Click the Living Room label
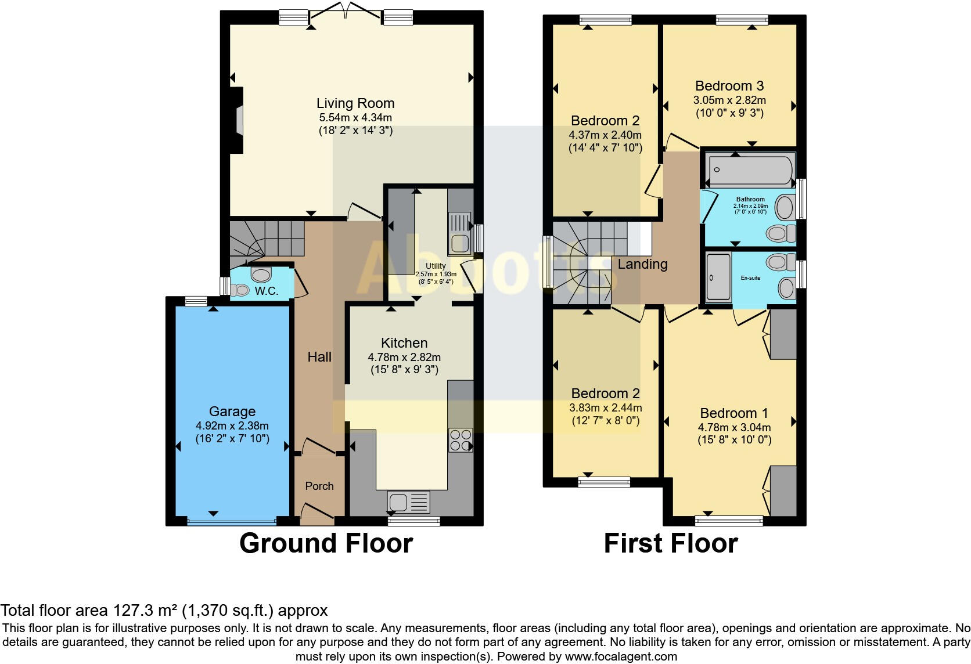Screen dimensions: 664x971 355,103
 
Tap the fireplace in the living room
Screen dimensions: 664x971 238,120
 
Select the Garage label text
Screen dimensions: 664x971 232,412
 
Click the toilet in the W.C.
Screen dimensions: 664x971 260,273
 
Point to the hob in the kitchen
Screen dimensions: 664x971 460,440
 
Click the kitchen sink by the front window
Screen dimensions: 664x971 409,501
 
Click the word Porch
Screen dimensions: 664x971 319,486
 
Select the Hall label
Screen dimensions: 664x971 319,357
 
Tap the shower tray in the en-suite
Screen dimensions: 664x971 718,277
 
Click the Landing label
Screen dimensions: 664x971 642,264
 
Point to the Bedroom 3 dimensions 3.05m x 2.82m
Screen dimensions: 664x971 729,100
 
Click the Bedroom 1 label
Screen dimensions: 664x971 734,413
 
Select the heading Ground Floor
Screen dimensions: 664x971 326,543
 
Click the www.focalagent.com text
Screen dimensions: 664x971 621,656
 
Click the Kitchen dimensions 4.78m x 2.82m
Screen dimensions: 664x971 404,357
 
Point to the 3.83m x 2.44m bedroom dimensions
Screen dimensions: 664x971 606,407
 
